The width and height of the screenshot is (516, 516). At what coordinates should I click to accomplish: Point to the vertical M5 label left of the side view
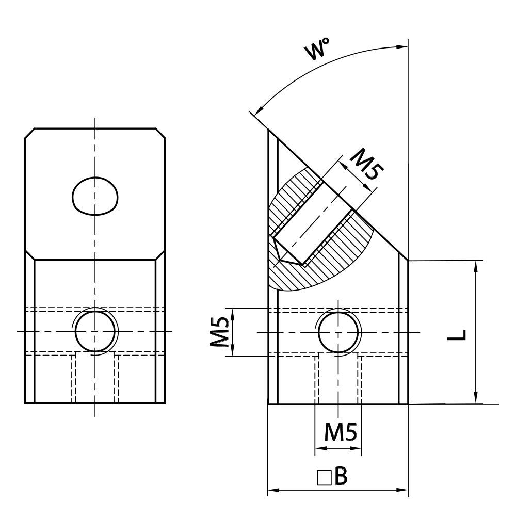click(220, 332)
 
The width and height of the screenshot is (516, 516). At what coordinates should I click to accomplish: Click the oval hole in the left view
click(95, 196)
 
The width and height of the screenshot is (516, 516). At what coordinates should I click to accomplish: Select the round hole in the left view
click(95, 331)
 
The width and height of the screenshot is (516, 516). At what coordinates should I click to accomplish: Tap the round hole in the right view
click(338, 331)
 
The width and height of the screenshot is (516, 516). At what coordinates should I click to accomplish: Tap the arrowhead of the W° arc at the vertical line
click(402, 46)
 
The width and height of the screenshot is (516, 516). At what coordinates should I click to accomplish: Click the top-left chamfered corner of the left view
click(30, 133)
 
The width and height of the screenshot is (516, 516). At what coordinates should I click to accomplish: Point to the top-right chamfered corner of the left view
click(161, 133)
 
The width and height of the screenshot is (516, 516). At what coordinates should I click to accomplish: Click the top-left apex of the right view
click(269, 130)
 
